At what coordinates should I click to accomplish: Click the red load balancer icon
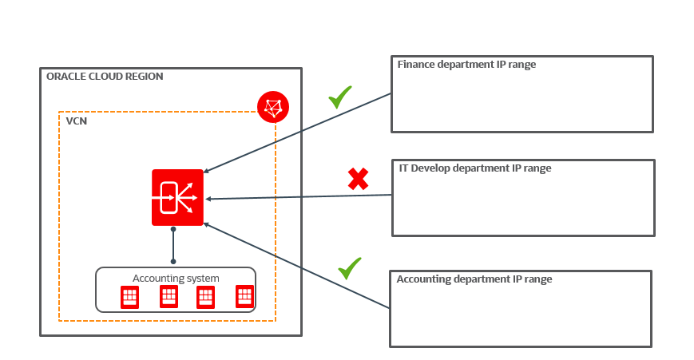[177, 197]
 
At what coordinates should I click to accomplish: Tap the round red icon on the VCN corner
[273, 106]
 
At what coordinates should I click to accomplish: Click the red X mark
[358, 179]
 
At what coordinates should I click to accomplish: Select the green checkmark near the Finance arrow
[340, 97]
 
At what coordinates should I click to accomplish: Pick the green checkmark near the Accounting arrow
[349, 268]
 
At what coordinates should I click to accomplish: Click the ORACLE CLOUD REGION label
[105, 77]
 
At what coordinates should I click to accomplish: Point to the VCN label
[77, 123]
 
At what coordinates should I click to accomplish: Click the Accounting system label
[176, 278]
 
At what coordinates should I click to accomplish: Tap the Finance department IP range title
[466, 64]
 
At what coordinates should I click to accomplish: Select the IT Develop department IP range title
[475, 168]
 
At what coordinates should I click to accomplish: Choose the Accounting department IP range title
[474, 279]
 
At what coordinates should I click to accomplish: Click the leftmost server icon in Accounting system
[129, 298]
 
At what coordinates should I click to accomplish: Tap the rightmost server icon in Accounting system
[245, 297]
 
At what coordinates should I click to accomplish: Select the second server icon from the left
[169, 297]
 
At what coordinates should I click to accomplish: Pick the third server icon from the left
[206, 298]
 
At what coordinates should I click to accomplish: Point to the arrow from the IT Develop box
[299, 196]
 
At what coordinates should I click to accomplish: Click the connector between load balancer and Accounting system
[173, 245]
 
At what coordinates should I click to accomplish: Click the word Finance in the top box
[416, 64]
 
